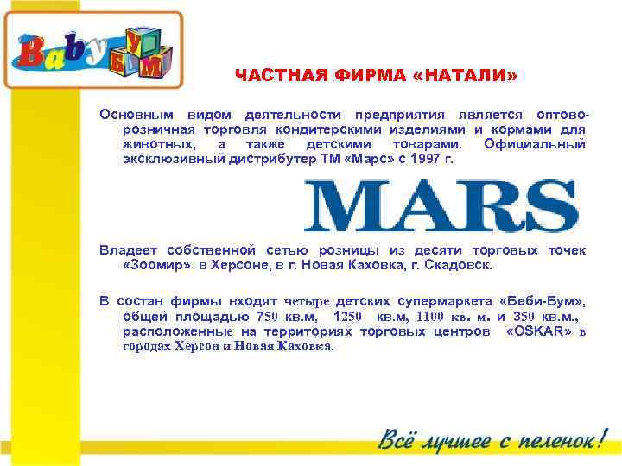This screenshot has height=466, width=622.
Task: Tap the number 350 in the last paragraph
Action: coord(526,316)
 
